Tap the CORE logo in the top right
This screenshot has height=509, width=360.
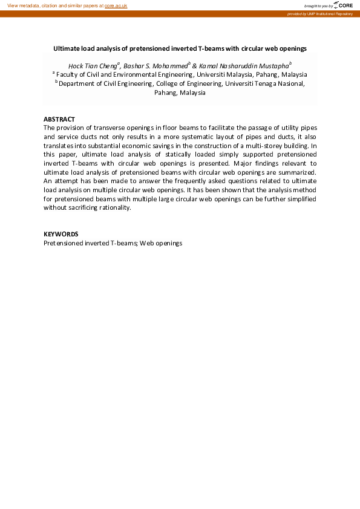click(x=344, y=5)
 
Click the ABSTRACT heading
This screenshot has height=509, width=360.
click(x=59, y=119)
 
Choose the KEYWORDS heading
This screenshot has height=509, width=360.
click(x=61, y=234)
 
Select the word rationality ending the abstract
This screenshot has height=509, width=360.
click(x=113, y=207)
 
